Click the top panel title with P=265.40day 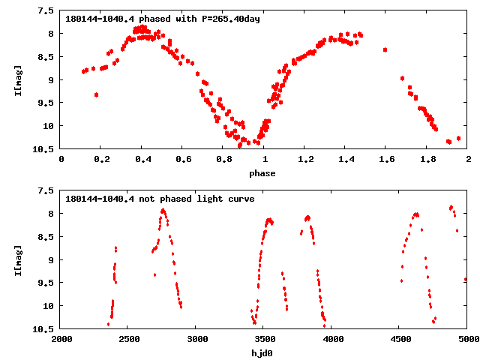163,19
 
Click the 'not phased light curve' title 160,199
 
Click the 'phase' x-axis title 262,173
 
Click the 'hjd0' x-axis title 262,353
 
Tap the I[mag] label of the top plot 18,79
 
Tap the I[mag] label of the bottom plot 18,259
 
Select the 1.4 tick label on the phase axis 346,160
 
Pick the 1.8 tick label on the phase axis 427,160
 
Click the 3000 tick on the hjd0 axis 196,340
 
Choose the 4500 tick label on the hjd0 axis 399,340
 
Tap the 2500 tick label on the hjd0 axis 128,340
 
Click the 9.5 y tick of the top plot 46,103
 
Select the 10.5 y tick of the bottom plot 43,329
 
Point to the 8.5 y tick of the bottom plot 46,237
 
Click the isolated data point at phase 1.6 385,49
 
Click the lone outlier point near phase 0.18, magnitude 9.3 96,94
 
